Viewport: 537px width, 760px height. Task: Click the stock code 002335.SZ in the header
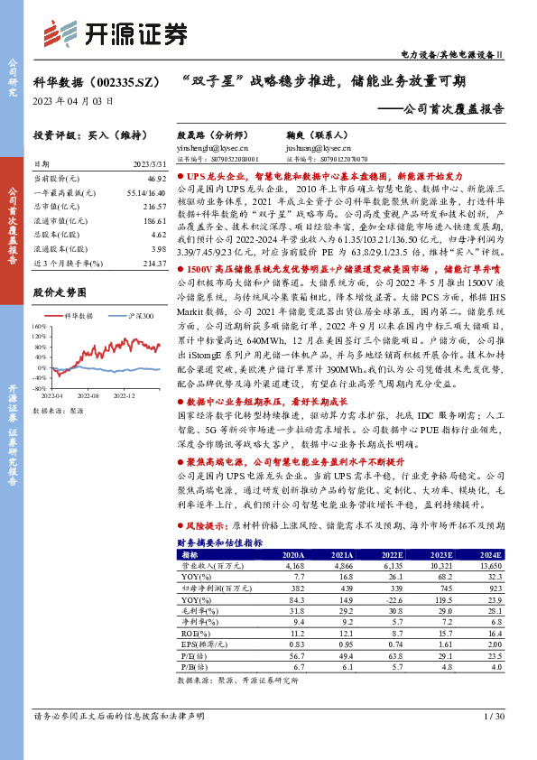116,80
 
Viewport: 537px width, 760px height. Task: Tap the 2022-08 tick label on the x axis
88,395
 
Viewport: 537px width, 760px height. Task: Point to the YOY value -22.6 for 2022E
392,598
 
